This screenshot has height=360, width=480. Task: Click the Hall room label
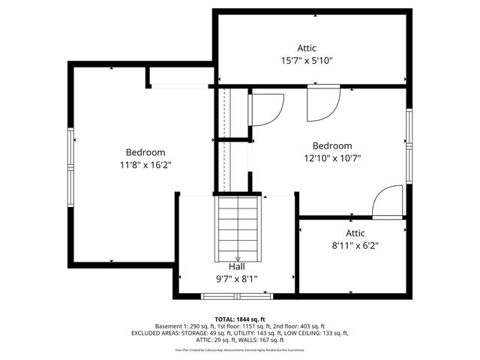(x=236, y=266)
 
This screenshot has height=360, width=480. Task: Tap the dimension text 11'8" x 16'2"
(x=145, y=165)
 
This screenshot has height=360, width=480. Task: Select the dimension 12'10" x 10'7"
(x=331, y=158)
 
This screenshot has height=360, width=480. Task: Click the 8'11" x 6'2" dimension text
(x=355, y=245)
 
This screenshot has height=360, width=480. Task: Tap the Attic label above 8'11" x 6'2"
(x=355, y=233)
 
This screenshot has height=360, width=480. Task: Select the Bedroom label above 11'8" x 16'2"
(x=145, y=152)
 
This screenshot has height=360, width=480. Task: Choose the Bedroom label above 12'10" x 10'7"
(x=331, y=145)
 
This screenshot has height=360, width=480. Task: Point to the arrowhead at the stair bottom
(x=238, y=259)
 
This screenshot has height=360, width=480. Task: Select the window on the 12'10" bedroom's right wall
(x=409, y=146)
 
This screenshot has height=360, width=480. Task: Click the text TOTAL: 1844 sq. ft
(x=240, y=319)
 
